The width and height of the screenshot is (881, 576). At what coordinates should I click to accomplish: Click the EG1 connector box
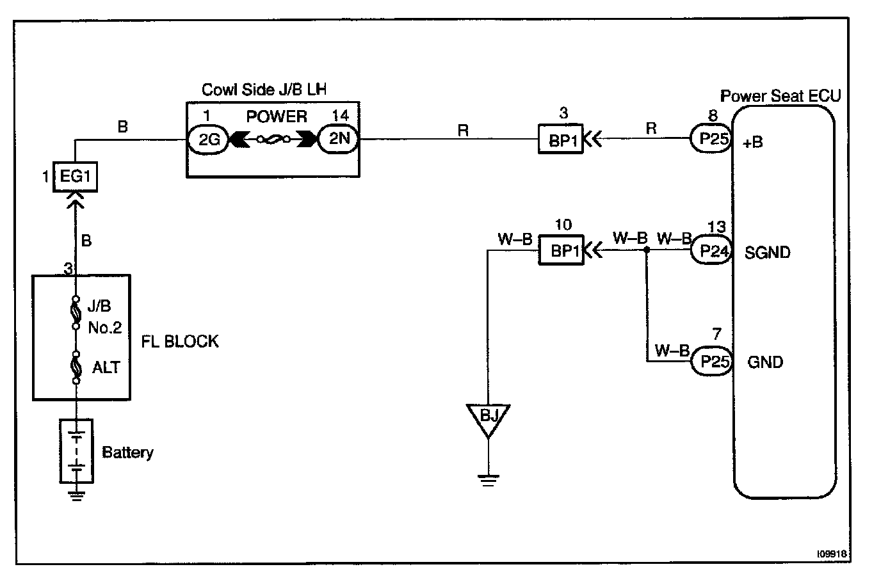click(x=76, y=176)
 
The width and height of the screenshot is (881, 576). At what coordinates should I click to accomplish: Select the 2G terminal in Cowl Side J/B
click(x=209, y=139)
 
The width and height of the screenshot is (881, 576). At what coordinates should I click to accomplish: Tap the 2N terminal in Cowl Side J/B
click(x=339, y=139)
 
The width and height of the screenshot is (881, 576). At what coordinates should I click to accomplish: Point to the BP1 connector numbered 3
click(x=560, y=139)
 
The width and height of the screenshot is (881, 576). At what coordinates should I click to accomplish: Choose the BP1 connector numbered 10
click(x=560, y=250)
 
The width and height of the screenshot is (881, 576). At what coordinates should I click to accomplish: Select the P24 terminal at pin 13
click(x=711, y=250)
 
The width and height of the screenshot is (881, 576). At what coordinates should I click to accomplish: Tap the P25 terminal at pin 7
click(x=711, y=362)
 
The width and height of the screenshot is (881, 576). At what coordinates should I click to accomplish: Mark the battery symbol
click(x=76, y=451)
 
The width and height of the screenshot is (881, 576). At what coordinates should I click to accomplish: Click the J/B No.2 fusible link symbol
click(x=76, y=314)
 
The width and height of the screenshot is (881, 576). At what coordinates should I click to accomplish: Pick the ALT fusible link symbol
click(x=76, y=367)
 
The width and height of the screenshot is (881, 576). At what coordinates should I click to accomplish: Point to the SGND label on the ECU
click(x=767, y=253)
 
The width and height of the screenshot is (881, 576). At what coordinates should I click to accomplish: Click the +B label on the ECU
click(x=753, y=143)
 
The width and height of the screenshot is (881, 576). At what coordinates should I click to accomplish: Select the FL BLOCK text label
click(x=180, y=341)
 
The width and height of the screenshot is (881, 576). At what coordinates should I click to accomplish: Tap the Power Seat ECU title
click(x=780, y=96)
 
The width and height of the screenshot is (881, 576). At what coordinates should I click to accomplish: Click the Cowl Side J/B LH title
click(x=264, y=89)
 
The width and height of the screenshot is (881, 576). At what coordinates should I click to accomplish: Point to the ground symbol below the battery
click(x=77, y=495)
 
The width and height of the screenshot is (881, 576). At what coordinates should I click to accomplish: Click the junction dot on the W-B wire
click(x=646, y=250)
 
